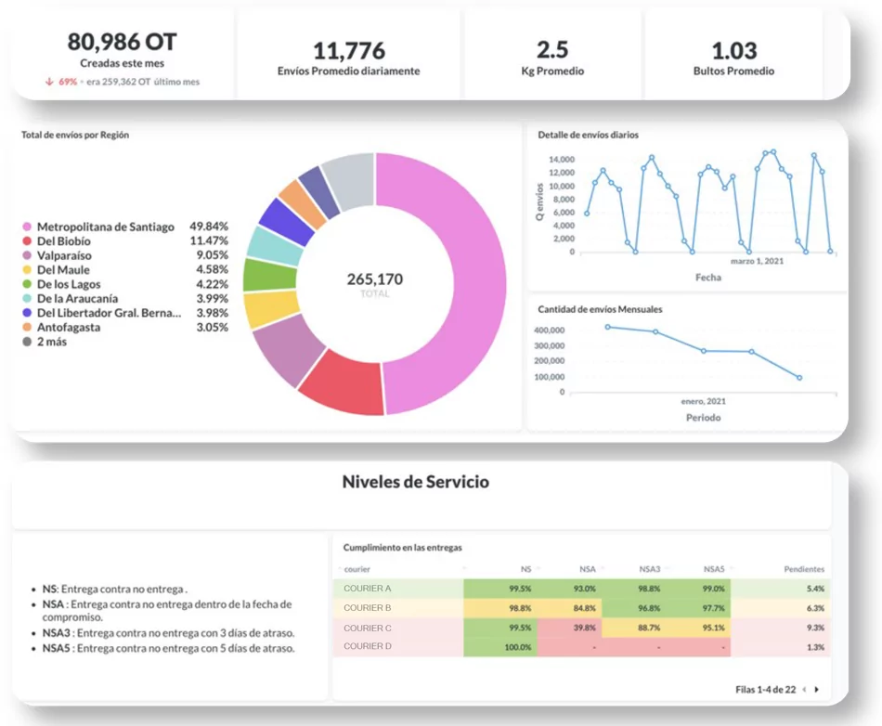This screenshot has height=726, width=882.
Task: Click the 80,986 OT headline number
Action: [122, 42]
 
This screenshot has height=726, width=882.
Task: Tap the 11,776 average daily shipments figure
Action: [348, 50]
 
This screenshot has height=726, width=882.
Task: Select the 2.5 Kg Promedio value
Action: [552, 50]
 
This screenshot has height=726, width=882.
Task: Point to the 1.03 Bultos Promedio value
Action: [733, 50]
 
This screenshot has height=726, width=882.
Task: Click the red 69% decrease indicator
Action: [68, 82]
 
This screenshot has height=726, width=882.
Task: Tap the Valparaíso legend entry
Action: [64, 255]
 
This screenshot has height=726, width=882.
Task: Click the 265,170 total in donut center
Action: [374, 279]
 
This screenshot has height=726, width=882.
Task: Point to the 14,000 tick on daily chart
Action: [561, 160]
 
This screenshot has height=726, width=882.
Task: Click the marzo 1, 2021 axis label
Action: [757, 261]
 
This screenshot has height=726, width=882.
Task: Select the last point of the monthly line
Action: [799, 378]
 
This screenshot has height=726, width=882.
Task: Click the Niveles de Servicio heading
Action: [415, 482]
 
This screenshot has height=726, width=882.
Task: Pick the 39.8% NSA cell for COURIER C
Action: [584, 628]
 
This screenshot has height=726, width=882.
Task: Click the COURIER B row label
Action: [368, 608]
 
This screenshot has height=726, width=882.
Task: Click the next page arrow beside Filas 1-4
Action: [817, 690]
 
